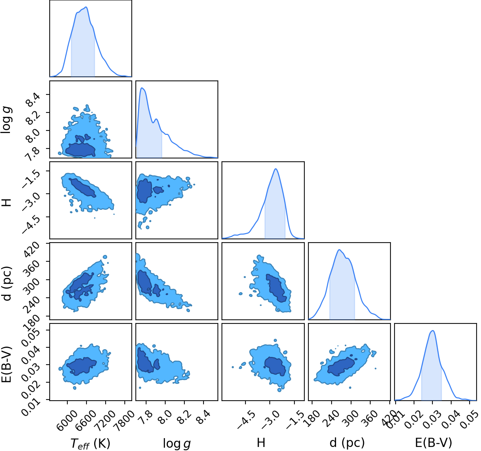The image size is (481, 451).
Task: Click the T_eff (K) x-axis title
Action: (x=90, y=444)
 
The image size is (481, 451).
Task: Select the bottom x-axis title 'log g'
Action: (x=177, y=444)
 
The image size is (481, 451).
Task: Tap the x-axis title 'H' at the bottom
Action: (x=261, y=443)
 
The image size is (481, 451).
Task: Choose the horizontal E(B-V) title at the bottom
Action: (x=434, y=443)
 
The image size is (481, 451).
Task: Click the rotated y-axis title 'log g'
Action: (x=6, y=120)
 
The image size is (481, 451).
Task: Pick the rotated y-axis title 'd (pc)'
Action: (x=7, y=283)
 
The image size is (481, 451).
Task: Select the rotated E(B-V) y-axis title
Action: (x=7, y=364)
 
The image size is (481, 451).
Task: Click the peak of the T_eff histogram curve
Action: (x=86, y=7)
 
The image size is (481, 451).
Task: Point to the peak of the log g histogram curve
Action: (x=142, y=88)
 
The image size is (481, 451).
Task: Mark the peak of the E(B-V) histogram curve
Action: (x=433, y=330)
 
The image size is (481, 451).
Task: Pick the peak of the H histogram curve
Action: (x=276, y=169)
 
